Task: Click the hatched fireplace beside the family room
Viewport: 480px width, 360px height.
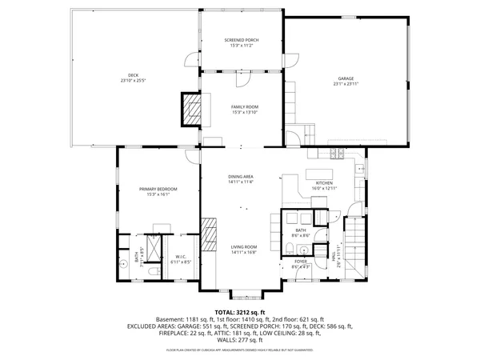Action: click(x=192, y=110)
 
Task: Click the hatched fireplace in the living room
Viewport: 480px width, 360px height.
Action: click(x=210, y=235)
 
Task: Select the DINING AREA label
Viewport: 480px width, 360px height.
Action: click(x=240, y=178)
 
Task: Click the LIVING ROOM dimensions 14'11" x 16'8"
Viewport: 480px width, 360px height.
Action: click(x=244, y=252)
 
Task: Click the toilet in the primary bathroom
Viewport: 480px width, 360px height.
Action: click(x=152, y=271)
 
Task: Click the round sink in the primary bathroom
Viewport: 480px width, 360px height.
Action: click(x=124, y=262)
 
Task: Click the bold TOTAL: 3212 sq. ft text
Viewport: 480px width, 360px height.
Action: click(x=240, y=311)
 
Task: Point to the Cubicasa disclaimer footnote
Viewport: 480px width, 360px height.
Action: click(x=240, y=350)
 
